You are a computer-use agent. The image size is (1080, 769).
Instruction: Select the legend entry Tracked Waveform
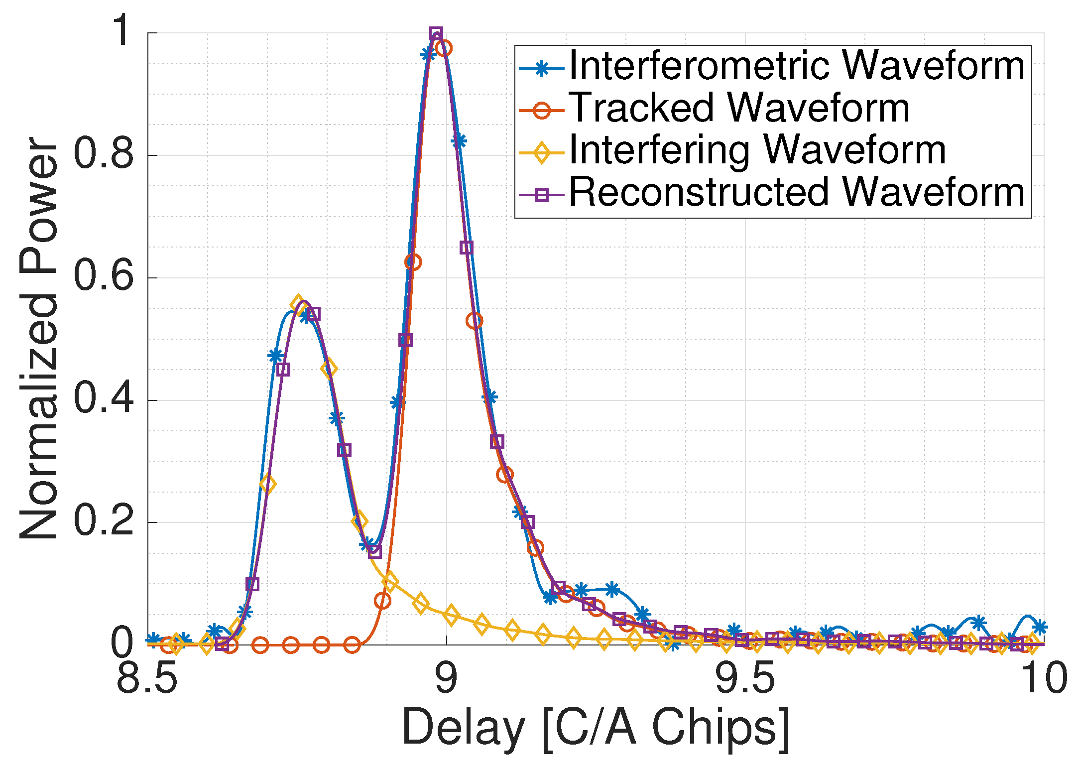[739, 109]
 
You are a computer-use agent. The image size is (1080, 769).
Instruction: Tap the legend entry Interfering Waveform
[757, 150]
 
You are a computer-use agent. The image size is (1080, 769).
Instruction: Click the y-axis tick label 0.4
[104, 398]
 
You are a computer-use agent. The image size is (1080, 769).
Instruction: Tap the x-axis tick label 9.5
[745, 678]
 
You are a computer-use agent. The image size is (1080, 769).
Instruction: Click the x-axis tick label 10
[1044, 678]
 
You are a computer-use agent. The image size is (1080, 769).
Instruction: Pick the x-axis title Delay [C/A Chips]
[596, 728]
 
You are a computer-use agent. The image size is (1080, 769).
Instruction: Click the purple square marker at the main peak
[436, 34]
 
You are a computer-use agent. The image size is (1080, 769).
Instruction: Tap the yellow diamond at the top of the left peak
[298, 303]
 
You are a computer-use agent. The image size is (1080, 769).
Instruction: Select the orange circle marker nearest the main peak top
[444, 48]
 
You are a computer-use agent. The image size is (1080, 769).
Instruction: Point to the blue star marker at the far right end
[1039, 627]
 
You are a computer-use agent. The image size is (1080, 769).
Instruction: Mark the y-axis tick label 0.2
[104, 521]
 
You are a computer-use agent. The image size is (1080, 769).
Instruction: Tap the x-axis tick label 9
[446, 678]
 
